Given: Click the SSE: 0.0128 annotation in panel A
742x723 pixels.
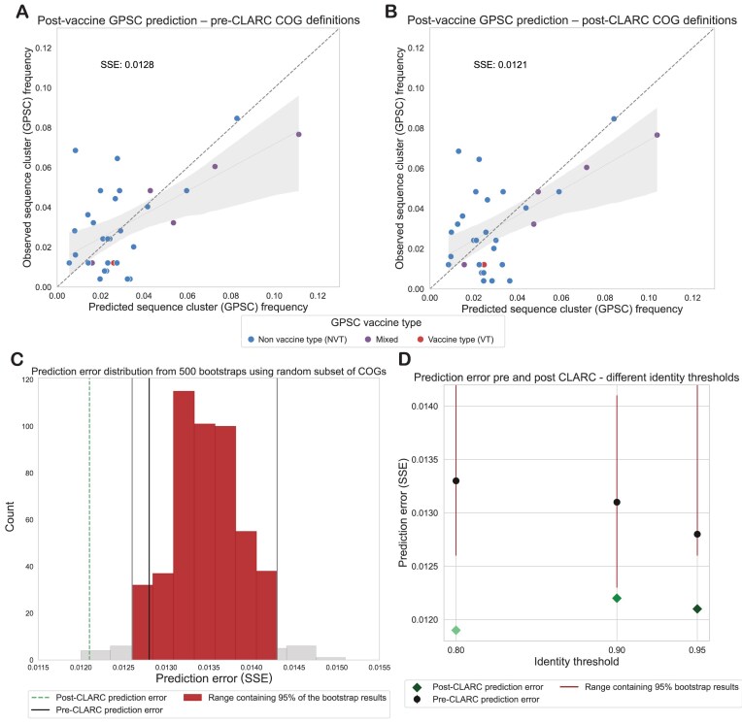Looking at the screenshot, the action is tap(127, 65).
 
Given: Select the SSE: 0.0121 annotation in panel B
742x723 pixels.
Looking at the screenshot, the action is tap(500, 65).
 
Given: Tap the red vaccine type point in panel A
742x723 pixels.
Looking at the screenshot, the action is tap(113, 263).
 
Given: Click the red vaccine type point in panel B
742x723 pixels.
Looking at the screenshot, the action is tap(484, 265).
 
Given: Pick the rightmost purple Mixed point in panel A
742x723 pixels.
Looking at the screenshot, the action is tap(298, 134).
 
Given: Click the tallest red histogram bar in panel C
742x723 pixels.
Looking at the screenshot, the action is tap(184, 525).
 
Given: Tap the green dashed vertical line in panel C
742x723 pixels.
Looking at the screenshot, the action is tap(89, 519).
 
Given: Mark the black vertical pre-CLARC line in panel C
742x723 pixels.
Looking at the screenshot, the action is tap(149, 519).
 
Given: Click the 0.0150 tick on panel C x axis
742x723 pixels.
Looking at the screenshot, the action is tap(336, 668).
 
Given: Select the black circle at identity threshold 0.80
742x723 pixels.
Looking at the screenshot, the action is tap(456, 481).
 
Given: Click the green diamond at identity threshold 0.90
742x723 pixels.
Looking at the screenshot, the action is tap(617, 598).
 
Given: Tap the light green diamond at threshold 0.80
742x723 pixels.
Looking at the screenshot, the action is tap(456, 630).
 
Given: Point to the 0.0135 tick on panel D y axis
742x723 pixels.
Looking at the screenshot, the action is tap(424, 460).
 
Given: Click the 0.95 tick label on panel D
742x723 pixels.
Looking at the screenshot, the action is tap(697, 650).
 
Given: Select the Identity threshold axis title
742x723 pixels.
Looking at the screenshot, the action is tap(576, 662).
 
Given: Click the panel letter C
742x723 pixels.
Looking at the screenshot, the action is tap(17, 359).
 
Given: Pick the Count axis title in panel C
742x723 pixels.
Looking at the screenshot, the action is tap(10, 516).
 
